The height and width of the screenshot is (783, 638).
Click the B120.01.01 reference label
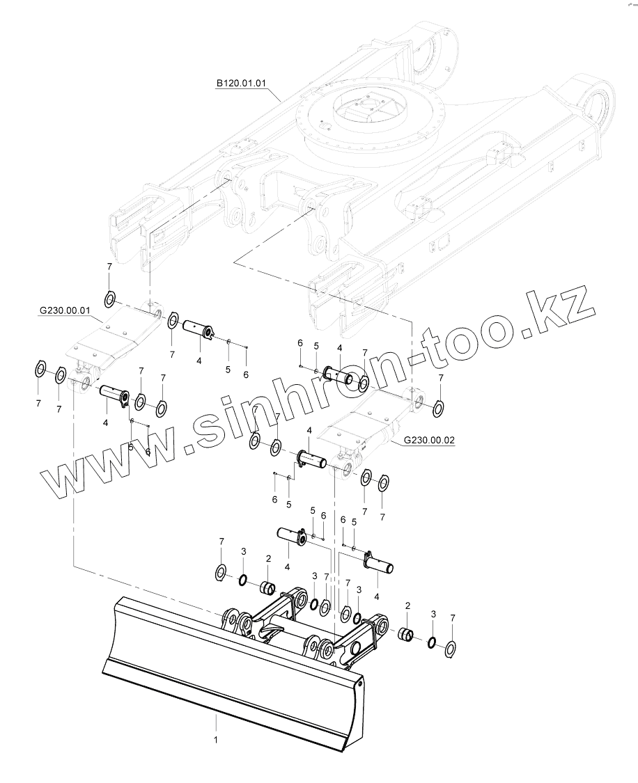(x=242, y=83)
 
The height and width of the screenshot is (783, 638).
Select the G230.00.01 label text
(x=65, y=312)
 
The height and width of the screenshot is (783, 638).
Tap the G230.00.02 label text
(x=428, y=441)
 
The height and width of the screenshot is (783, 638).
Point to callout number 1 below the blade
(x=216, y=740)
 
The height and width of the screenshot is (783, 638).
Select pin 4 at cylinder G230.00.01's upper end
(x=199, y=329)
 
